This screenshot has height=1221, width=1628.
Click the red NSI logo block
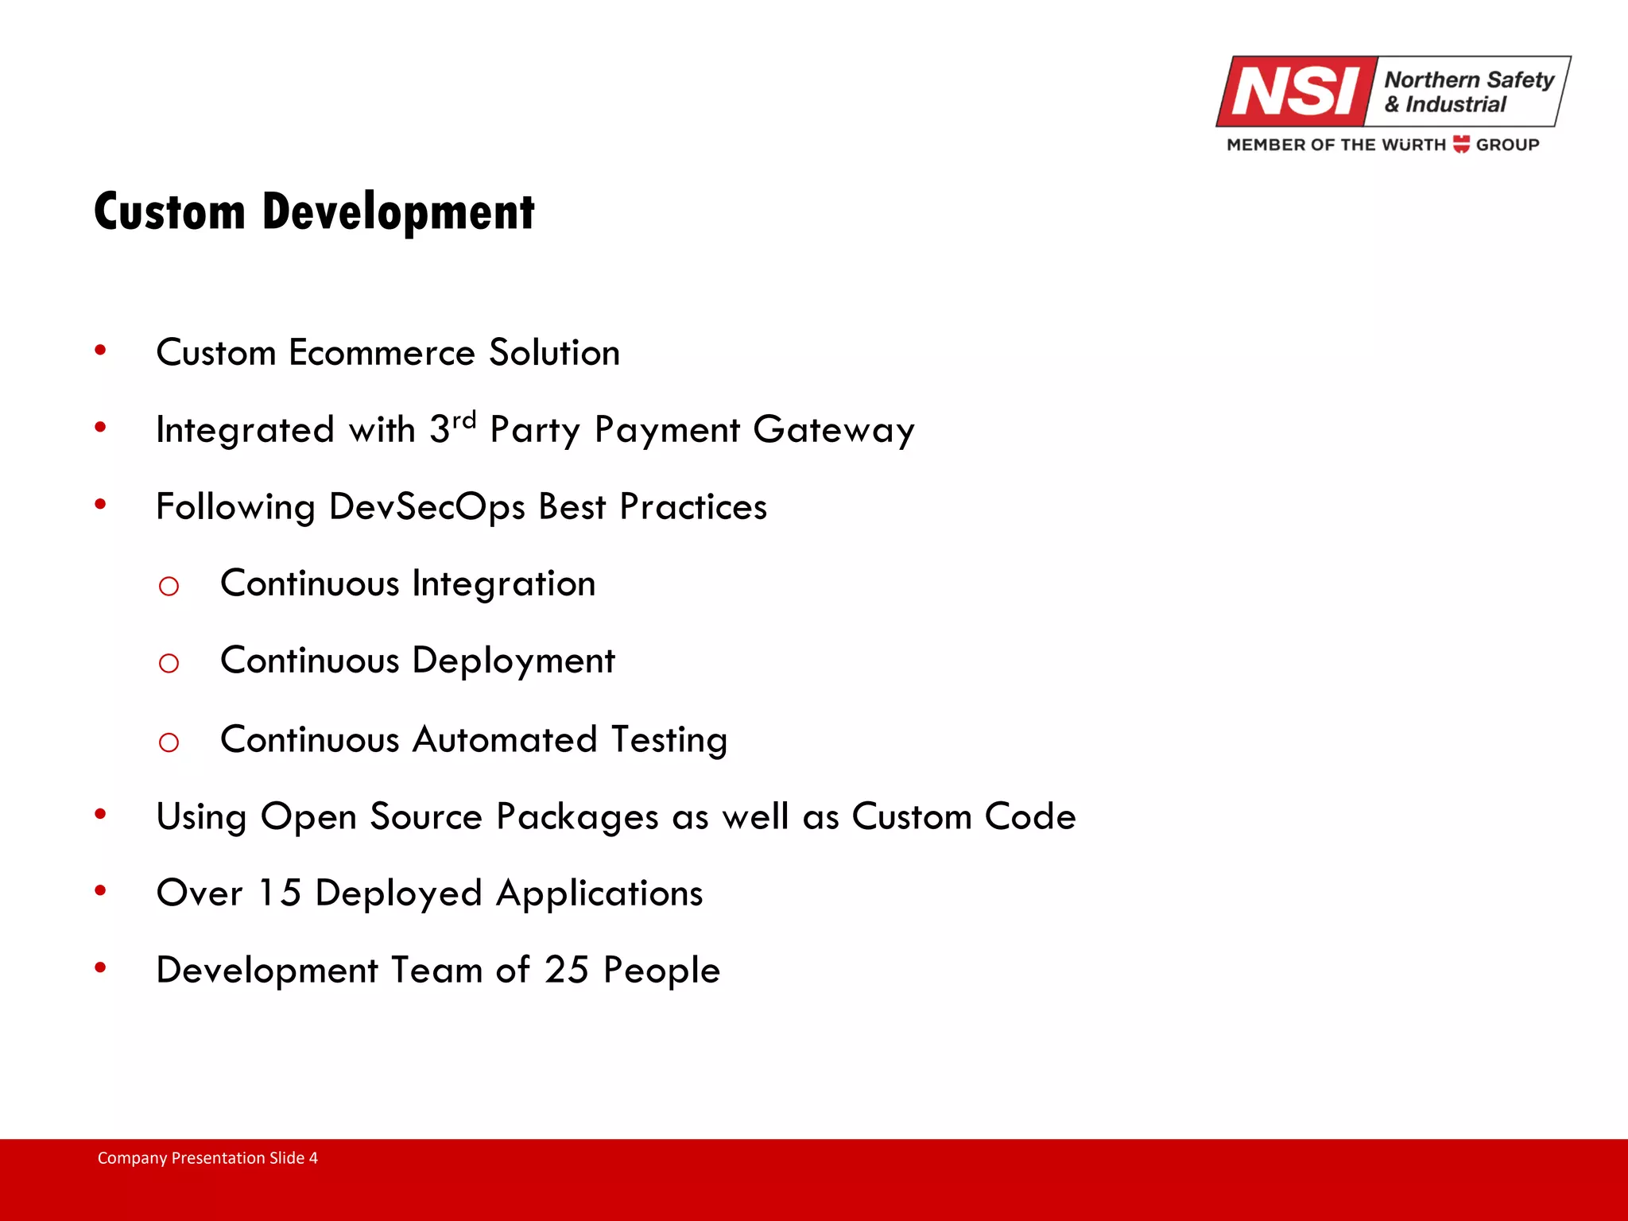pos(1296,91)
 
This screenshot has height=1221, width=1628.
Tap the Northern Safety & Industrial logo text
pos(1467,91)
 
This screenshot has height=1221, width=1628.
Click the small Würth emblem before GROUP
pos(1461,144)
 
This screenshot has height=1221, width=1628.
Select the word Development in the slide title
pos(398,212)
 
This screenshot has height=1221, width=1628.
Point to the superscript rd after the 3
pos(464,419)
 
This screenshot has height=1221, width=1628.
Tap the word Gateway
pos(834,430)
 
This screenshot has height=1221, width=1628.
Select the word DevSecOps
pos(427,506)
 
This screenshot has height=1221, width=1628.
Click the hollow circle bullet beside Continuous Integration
pos(169,587)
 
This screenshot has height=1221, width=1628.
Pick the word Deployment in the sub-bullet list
pos(514,661)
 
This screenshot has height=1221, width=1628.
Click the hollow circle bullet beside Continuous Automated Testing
pos(169,742)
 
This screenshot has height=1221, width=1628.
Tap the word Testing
pos(669,739)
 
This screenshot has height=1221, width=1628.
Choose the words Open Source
pos(371,816)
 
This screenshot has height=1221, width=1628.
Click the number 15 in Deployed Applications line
pos(279,893)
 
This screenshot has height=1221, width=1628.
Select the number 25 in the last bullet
pos(566,970)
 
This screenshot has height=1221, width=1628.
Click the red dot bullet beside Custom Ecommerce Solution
pos(100,350)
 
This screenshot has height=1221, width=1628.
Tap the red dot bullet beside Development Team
pos(100,967)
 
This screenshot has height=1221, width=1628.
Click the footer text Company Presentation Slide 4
pos(207,1157)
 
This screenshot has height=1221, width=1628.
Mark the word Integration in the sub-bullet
pos(504,584)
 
